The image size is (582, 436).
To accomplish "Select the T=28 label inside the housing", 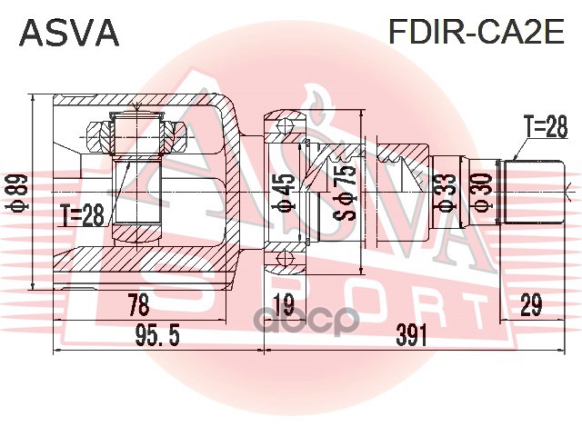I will point(83,214).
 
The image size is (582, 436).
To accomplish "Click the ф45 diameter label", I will point(286,193).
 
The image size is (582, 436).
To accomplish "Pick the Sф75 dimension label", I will point(345,192).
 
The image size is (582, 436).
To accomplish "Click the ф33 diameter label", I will point(445,193).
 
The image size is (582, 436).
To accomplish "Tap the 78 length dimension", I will point(137,305).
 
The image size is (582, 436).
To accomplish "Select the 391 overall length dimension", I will point(412,336).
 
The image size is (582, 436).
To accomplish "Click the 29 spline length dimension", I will point(530,305).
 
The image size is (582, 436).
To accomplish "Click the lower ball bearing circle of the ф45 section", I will point(284,260).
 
